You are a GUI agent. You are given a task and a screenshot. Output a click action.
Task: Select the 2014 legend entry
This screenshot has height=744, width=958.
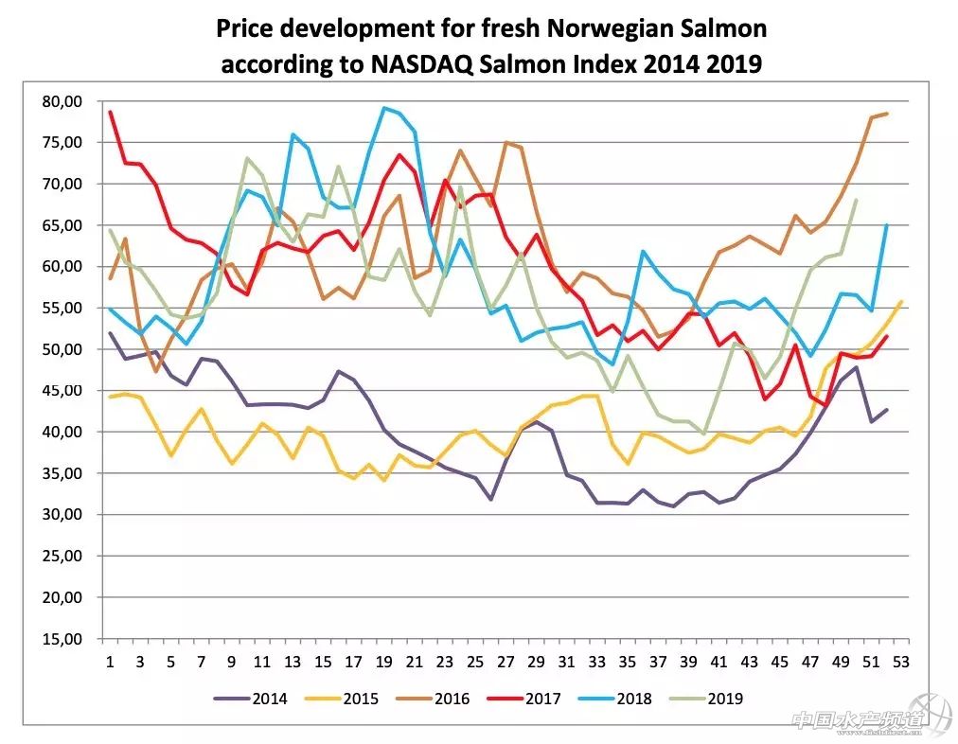[266, 699]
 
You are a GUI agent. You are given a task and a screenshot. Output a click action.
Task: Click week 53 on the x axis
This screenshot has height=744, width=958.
[902, 662]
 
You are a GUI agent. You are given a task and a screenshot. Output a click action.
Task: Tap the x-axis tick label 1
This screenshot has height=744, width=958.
[110, 662]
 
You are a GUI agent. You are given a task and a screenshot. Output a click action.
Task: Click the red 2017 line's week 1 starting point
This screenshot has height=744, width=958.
[110, 112]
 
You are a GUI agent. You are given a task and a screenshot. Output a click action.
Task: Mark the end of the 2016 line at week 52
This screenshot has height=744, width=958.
[887, 114]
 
